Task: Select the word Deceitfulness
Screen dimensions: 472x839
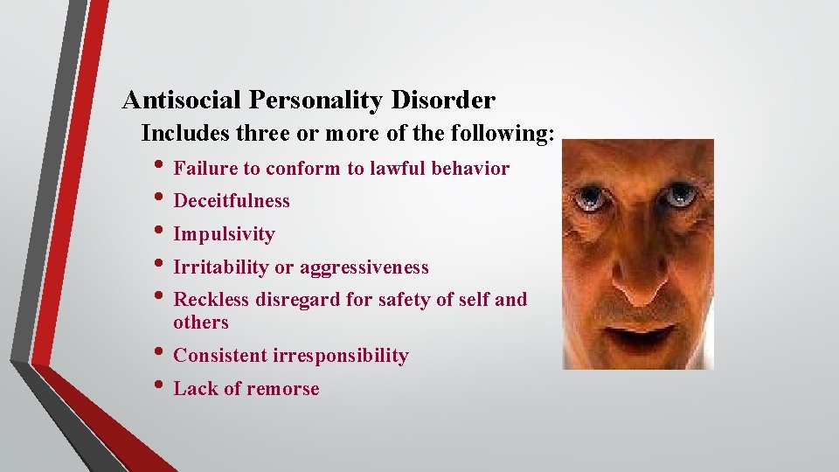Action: (x=232, y=201)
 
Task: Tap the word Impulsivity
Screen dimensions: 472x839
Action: (x=224, y=234)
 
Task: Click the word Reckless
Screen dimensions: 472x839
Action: (x=211, y=300)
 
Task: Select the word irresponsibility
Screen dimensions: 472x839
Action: (x=341, y=356)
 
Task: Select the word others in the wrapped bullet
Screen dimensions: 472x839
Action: (x=201, y=323)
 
